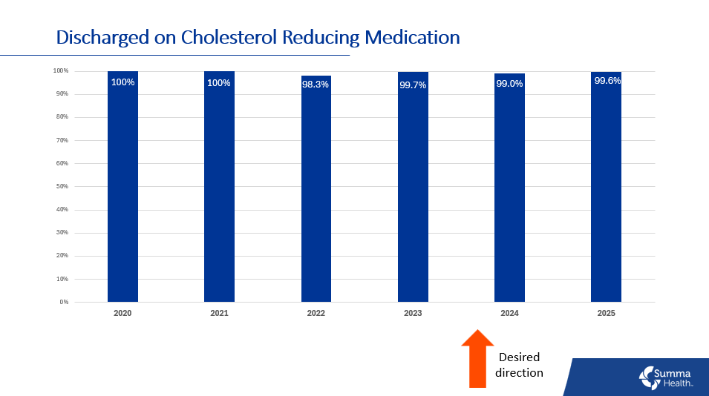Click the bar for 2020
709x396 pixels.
click(x=122, y=193)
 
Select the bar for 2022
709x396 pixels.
click(x=316, y=193)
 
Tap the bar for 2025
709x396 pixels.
click(x=606, y=193)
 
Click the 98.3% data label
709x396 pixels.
click(x=316, y=84)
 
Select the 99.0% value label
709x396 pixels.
click(x=509, y=84)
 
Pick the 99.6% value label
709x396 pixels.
click(x=607, y=81)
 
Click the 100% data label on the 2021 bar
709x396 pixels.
click(x=219, y=82)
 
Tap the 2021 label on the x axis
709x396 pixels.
click(x=219, y=314)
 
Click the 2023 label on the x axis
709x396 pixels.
click(x=413, y=314)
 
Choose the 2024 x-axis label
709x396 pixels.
click(x=509, y=314)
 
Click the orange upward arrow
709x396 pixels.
click(x=477, y=359)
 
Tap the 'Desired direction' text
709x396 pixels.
click(x=519, y=365)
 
